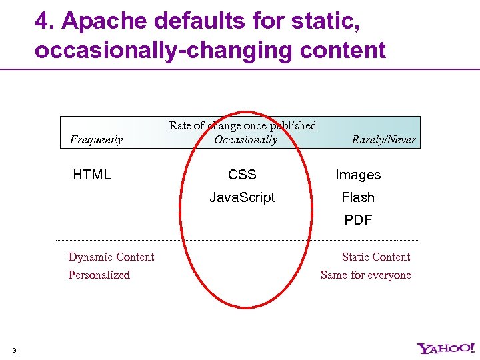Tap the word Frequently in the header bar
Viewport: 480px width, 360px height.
pyautogui.click(x=97, y=139)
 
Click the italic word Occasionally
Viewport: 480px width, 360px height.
pyautogui.click(x=245, y=139)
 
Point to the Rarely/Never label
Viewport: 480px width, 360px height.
pyautogui.click(x=383, y=139)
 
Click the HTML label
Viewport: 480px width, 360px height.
pyautogui.click(x=92, y=175)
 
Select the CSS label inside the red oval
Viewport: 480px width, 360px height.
pyautogui.click(x=242, y=175)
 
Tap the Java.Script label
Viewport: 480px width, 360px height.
pyautogui.click(x=242, y=197)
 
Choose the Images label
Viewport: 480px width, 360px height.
pyautogui.click(x=358, y=175)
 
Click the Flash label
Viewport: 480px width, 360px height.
pyautogui.click(x=358, y=197)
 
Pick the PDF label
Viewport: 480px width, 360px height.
pyautogui.click(x=358, y=220)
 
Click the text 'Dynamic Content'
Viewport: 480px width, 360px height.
pyautogui.click(x=111, y=257)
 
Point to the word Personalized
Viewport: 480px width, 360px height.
pyautogui.click(x=99, y=275)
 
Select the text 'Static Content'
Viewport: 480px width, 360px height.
pyautogui.click(x=376, y=257)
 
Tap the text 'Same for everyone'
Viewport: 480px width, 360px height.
pyautogui.click(x=366, y=275)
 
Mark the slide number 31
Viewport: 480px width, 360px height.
pyautogui.click(x=17, y=350)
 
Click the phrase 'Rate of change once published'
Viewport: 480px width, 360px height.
pyautogui.click(x=243, y=125)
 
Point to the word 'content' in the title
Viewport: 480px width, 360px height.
pyautogui.click(x=345, y=50)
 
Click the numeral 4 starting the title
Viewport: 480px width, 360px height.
pyautogui.click(x=42, y=21)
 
